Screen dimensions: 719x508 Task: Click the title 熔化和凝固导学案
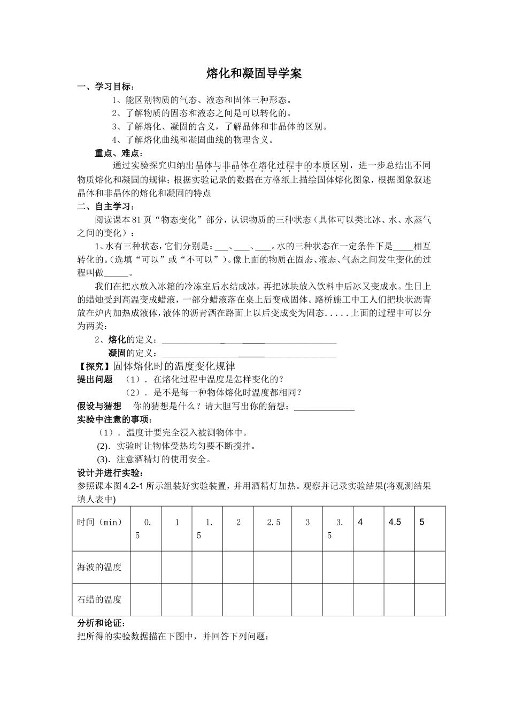tap(254, 74)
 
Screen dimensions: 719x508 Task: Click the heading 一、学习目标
tap(106, 87)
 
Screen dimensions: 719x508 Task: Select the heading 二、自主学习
tap(106, 206)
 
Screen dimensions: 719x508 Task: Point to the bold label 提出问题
tap(95, 379)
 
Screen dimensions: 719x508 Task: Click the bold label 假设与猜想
tap(99, 406)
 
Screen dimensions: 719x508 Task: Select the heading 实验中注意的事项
tap(114, 419)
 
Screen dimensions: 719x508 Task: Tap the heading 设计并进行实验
tap(110, 473)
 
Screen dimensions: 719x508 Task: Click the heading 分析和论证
tap(102, 623)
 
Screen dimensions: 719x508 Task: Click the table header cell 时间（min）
tap(101, 522)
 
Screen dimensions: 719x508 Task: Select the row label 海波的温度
tap(99, 567)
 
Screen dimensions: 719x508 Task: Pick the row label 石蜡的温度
tap(99, 599)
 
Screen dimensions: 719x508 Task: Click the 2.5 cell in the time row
tap(273, 522)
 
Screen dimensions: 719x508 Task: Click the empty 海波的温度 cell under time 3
tap(307, 567)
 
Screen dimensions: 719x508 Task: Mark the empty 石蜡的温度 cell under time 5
tap(430, 599)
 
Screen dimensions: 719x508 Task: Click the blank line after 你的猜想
tap(325, 407)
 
